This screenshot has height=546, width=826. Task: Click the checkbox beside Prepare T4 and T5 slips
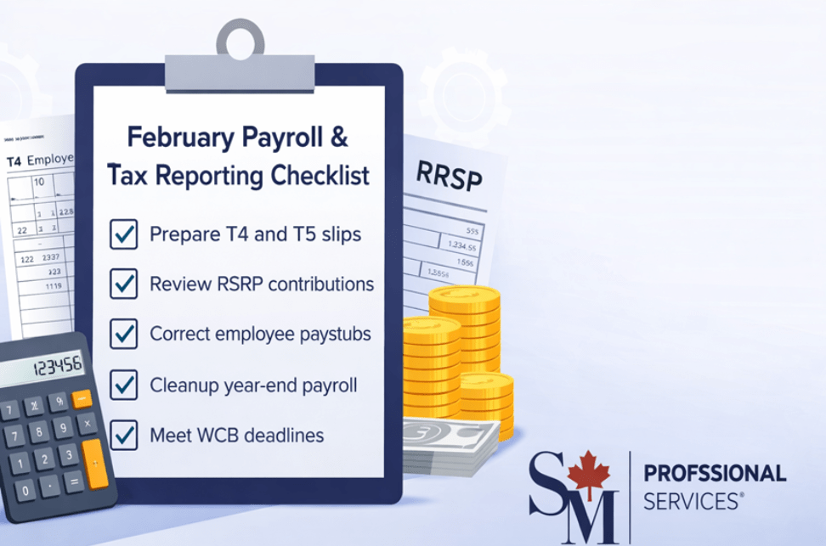click(124, 234)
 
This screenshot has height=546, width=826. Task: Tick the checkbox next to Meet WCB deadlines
click(124, 435)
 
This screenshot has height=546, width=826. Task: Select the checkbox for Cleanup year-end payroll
click(124, 385)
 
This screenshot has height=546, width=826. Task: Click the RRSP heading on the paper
click(449, 177)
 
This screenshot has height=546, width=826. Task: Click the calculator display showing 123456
click(58, 366)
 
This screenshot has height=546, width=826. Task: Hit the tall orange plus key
click(96, 464)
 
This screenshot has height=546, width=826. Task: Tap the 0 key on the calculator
click(26, 490)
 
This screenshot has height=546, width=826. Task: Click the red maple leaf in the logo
click(588, 475)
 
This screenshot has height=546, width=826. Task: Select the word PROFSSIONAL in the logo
click(715, 474)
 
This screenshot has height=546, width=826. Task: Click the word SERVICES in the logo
click(692, 501)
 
